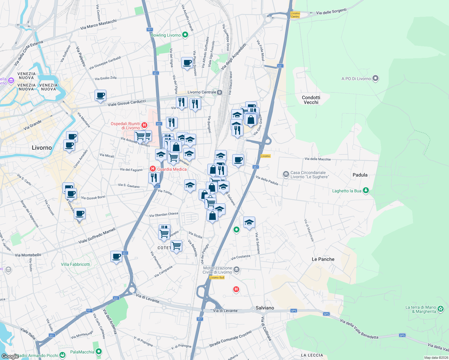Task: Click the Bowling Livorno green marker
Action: click(185, 35)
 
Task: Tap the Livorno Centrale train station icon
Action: click(220, 92)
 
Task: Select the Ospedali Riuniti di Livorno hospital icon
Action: click(144, 125)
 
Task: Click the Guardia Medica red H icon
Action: click(153, 169)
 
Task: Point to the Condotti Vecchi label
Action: click(311, 100)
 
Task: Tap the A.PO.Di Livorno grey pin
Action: click(375, 79)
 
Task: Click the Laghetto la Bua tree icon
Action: click(366, 190)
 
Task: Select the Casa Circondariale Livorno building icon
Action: click(286, 174)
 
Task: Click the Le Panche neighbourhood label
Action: click(323, 259)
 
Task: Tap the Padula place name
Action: click(360, 175)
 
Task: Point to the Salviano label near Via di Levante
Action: click(265, 308)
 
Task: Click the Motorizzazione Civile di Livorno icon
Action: click(237, 270)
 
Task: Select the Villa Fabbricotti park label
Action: click(75, 264)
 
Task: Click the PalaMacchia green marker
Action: click(99, 352)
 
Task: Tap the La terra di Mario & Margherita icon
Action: click(441, 309)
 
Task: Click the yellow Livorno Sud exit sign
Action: click(217, 277)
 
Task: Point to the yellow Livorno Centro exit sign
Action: click(295, 15)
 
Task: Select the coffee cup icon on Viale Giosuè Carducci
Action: click(100, 96)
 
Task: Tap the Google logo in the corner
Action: click(10, 356)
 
